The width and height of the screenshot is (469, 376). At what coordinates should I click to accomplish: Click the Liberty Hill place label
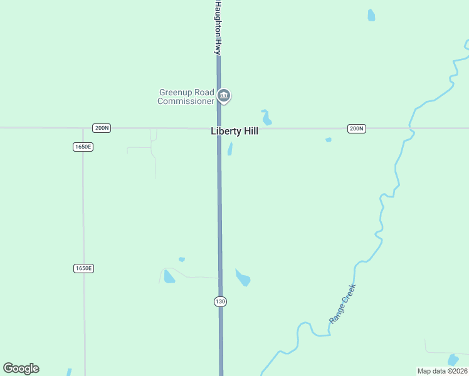point(234,132)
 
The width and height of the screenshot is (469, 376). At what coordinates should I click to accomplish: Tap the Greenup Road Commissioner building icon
point(224,96)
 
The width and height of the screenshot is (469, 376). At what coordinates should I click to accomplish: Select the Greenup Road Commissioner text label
point(186,97)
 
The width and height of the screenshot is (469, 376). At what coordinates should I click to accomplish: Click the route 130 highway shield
point(219,301)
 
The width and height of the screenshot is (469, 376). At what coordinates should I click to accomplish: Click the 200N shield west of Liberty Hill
point(101,128)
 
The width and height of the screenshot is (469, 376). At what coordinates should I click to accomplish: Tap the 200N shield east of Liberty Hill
point(356,128)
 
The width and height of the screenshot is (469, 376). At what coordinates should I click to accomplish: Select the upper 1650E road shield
point(83,147)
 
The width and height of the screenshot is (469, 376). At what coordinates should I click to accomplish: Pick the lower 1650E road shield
point(83,268)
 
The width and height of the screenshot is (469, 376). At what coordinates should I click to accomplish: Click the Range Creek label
point(342,303)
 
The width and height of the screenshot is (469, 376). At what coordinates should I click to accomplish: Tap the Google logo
point(21,368)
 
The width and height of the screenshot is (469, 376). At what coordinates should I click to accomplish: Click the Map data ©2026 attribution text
point(442,371)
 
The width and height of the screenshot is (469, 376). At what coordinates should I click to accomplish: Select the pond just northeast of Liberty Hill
point(266,117)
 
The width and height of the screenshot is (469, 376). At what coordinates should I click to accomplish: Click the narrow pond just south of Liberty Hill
point(230,149)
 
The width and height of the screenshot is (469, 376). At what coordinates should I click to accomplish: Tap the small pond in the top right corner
point(371,15)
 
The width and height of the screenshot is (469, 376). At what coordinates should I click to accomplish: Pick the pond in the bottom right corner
point(453,360)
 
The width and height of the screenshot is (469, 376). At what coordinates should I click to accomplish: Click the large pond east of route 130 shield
point(243,277)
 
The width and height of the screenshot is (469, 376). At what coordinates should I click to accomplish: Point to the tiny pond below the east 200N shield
point(328,140)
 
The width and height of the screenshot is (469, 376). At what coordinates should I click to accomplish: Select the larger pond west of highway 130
point(169,276)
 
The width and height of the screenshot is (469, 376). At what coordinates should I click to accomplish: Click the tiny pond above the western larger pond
point(181,259)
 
